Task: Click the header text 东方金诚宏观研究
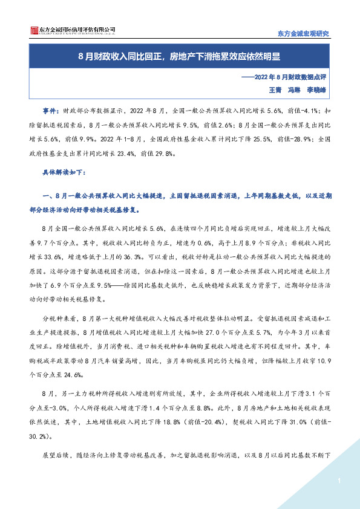(x=303, y=33)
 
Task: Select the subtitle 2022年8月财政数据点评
(x=292, y=78)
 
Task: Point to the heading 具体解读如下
(x=64, y=172)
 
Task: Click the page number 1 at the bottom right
(x=340, y=481)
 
